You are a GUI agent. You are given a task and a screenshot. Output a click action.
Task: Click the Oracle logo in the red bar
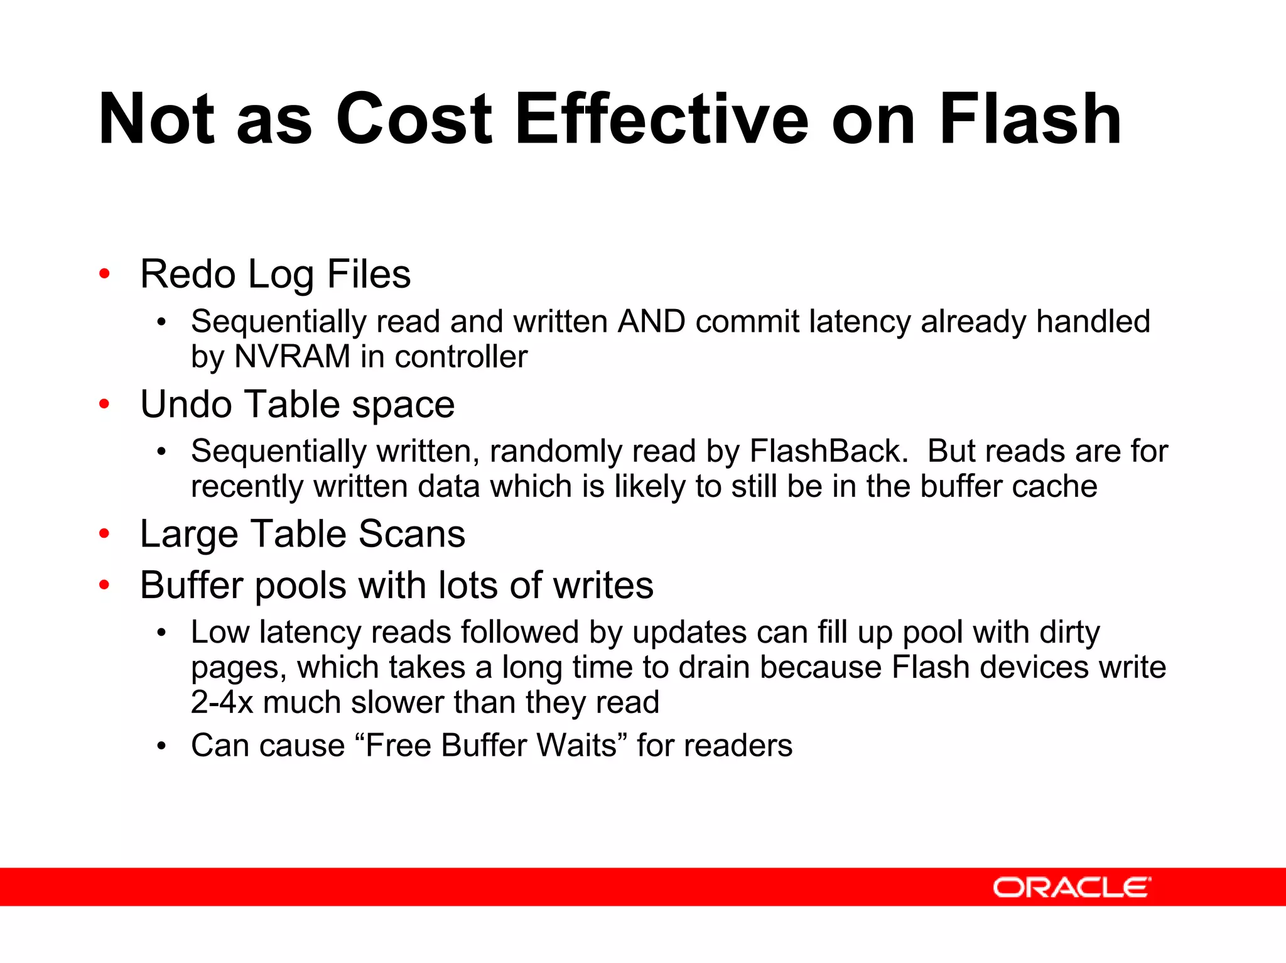click(x=1071, y=887)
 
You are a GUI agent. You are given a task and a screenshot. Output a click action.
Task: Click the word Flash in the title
click(x=1030, y=119)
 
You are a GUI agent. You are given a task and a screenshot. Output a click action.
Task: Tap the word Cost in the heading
click(x=414, y=119)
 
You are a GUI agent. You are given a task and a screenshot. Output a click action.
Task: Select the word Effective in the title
click(x=662, y=119)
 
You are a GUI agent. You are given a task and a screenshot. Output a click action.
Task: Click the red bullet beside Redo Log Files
click(x=105, y=273)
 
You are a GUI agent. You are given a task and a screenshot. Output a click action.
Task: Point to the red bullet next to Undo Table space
click(x=105, y=403)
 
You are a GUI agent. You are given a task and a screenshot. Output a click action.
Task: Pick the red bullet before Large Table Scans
click(x=105, y=533)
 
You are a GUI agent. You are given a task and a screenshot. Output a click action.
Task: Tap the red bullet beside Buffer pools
click(x=105, y=585)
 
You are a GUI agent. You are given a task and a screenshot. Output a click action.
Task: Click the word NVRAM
click(x=292, y=357)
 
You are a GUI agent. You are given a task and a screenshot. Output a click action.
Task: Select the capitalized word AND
click(x=651, y=322)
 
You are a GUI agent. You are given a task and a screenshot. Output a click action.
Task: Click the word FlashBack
click(x=829, y=451)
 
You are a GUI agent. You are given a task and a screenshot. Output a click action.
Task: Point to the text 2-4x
click(x=222, y=702)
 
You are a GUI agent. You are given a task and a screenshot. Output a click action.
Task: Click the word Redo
click(x=188, y=274)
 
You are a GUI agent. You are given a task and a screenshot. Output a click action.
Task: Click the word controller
click(x=461, y=357)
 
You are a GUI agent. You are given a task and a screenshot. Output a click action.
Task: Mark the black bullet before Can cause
click(x=162, y=746)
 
